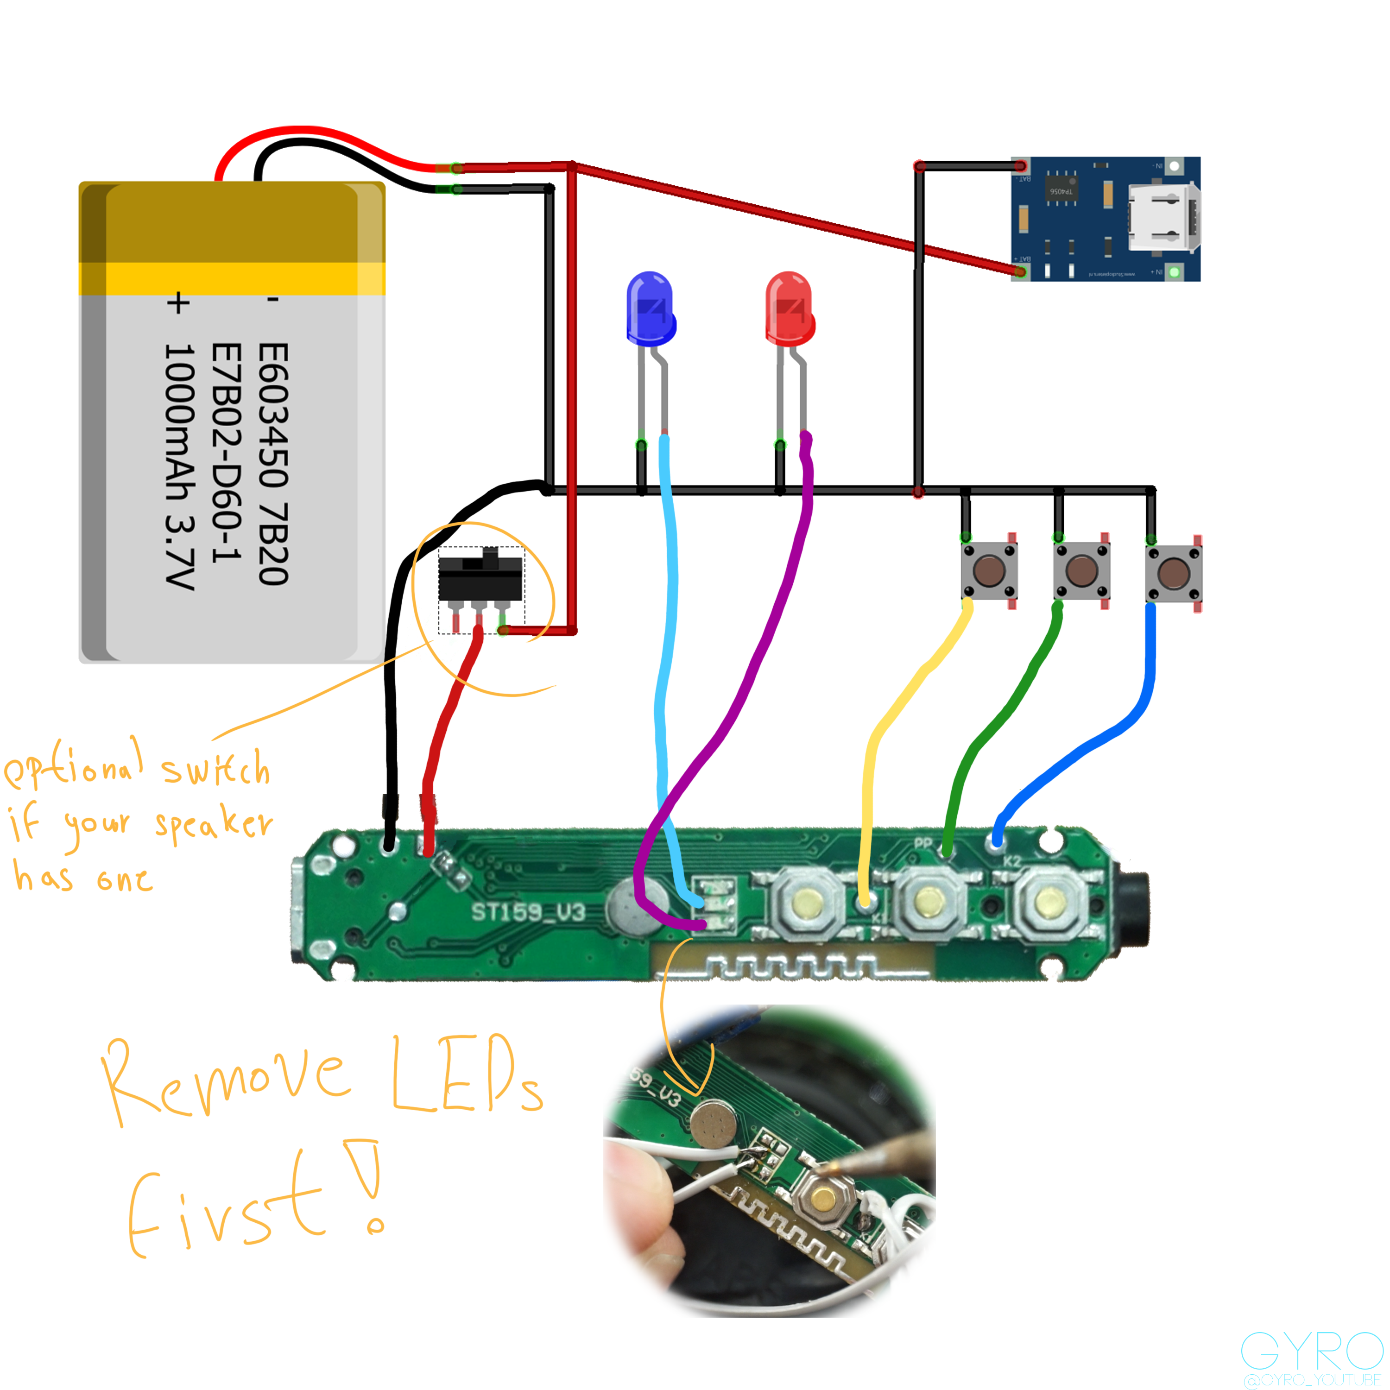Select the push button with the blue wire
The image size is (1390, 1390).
click(1174, 574)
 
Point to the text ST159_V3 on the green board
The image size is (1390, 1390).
click(528, 912)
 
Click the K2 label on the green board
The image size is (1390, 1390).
click(1012, 861)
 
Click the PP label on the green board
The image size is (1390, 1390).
click(923, 843)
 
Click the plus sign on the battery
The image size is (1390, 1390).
click(178, 303)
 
